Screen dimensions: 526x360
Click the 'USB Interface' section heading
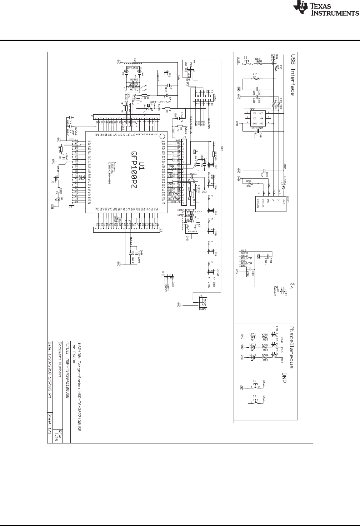(293, 75)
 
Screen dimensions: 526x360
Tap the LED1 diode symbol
(253, 337)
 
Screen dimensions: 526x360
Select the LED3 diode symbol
(253, 357)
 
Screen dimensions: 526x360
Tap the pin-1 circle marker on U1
(161, 136)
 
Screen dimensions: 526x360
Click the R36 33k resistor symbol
(249, 184)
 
